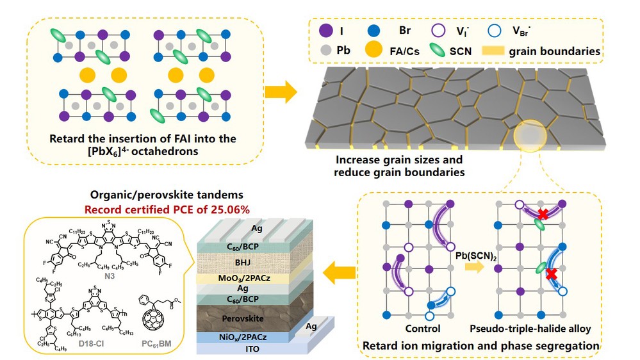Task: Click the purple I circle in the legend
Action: coord(325,30)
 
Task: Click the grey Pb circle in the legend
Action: coord(326,51)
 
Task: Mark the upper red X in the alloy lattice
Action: coord(542,214)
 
